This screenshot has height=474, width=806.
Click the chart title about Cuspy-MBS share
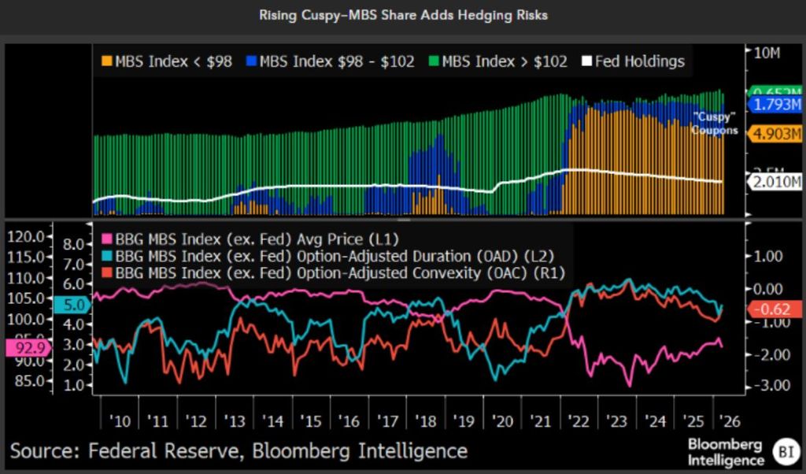[403, 15]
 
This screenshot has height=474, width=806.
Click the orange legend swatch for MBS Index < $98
[105, 61]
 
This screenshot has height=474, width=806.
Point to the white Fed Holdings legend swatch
[586, 61]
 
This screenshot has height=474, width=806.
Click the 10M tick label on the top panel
[767, 53]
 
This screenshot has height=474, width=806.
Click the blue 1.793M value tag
[775, 105]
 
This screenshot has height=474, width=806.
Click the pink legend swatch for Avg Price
[107, 239]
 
